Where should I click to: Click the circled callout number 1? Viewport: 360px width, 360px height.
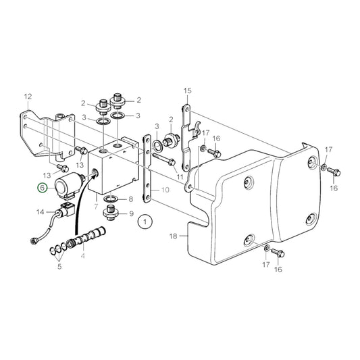point(143,221)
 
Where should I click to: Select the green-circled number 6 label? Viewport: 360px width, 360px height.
point(43,189)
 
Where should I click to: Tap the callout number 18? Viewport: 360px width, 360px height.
point(173,236)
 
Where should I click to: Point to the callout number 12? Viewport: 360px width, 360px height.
point(28,96)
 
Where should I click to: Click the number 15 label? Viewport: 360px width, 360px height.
point(187,90)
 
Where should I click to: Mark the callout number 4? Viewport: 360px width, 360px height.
point(83,257)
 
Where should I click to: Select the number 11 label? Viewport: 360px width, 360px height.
point(180,177)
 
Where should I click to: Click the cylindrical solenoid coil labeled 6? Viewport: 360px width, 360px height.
point(70,183)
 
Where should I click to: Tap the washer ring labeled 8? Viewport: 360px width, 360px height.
point(110,199)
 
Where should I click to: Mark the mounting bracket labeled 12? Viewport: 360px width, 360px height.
point(51,132)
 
